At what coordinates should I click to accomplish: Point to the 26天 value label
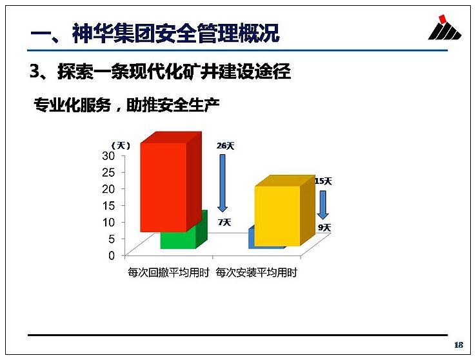click(x=226, y=146)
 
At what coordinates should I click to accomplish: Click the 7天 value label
click(x=224, y=223)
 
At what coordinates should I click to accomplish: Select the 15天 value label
click(x=323, y=181)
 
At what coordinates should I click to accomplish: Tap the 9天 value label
click(x=324, y=227)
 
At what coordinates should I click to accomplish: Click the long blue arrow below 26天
click(x=223, y=183)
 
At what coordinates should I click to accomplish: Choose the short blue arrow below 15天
click(x=323, y=205)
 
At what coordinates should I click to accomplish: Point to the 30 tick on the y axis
click(x=108, y=156)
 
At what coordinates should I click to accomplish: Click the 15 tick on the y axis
click(x=108, y=206)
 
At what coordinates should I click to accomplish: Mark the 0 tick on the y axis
click(x=112, y=255)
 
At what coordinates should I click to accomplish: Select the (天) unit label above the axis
click(x=121, y=146)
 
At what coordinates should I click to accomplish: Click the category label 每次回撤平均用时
click(x=169, y=272)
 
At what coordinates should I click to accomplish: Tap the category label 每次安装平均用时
click(x=257, y=272)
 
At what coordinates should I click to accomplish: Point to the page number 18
click(x=459, y=345)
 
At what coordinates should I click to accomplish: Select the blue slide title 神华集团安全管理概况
click(x=176, y=33)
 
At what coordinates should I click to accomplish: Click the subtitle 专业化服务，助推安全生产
click(x=126, y=105)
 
